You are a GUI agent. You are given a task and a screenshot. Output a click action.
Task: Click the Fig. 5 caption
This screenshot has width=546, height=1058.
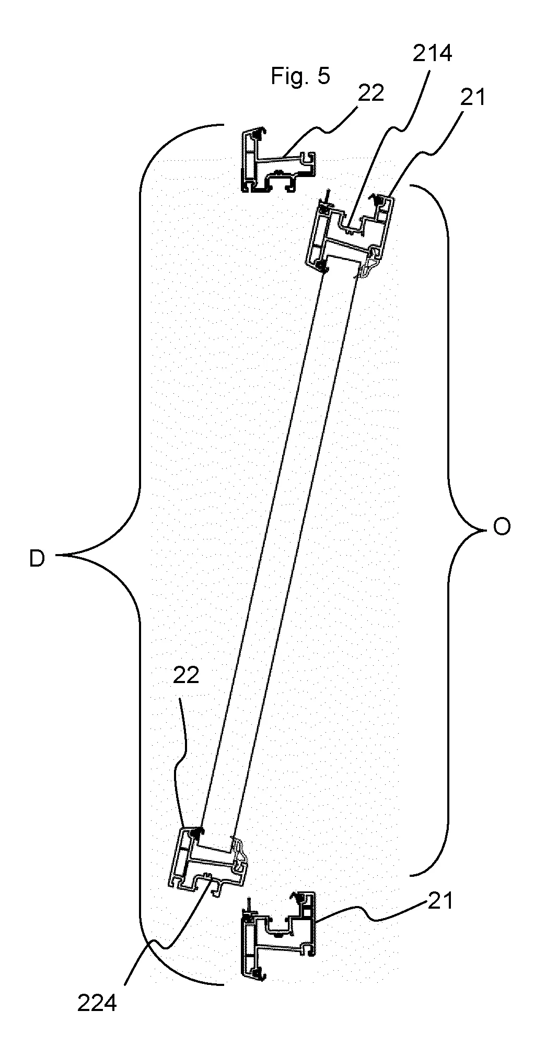[300, 76]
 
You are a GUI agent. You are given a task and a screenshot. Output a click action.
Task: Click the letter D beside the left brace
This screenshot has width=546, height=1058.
[37, 559]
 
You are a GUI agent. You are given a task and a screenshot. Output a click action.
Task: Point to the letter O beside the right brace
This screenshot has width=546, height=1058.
[501, 528]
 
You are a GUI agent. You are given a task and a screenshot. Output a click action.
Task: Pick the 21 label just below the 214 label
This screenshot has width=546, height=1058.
[473, 97]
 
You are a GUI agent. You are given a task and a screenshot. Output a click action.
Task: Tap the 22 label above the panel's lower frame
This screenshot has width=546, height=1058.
[186, 675]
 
